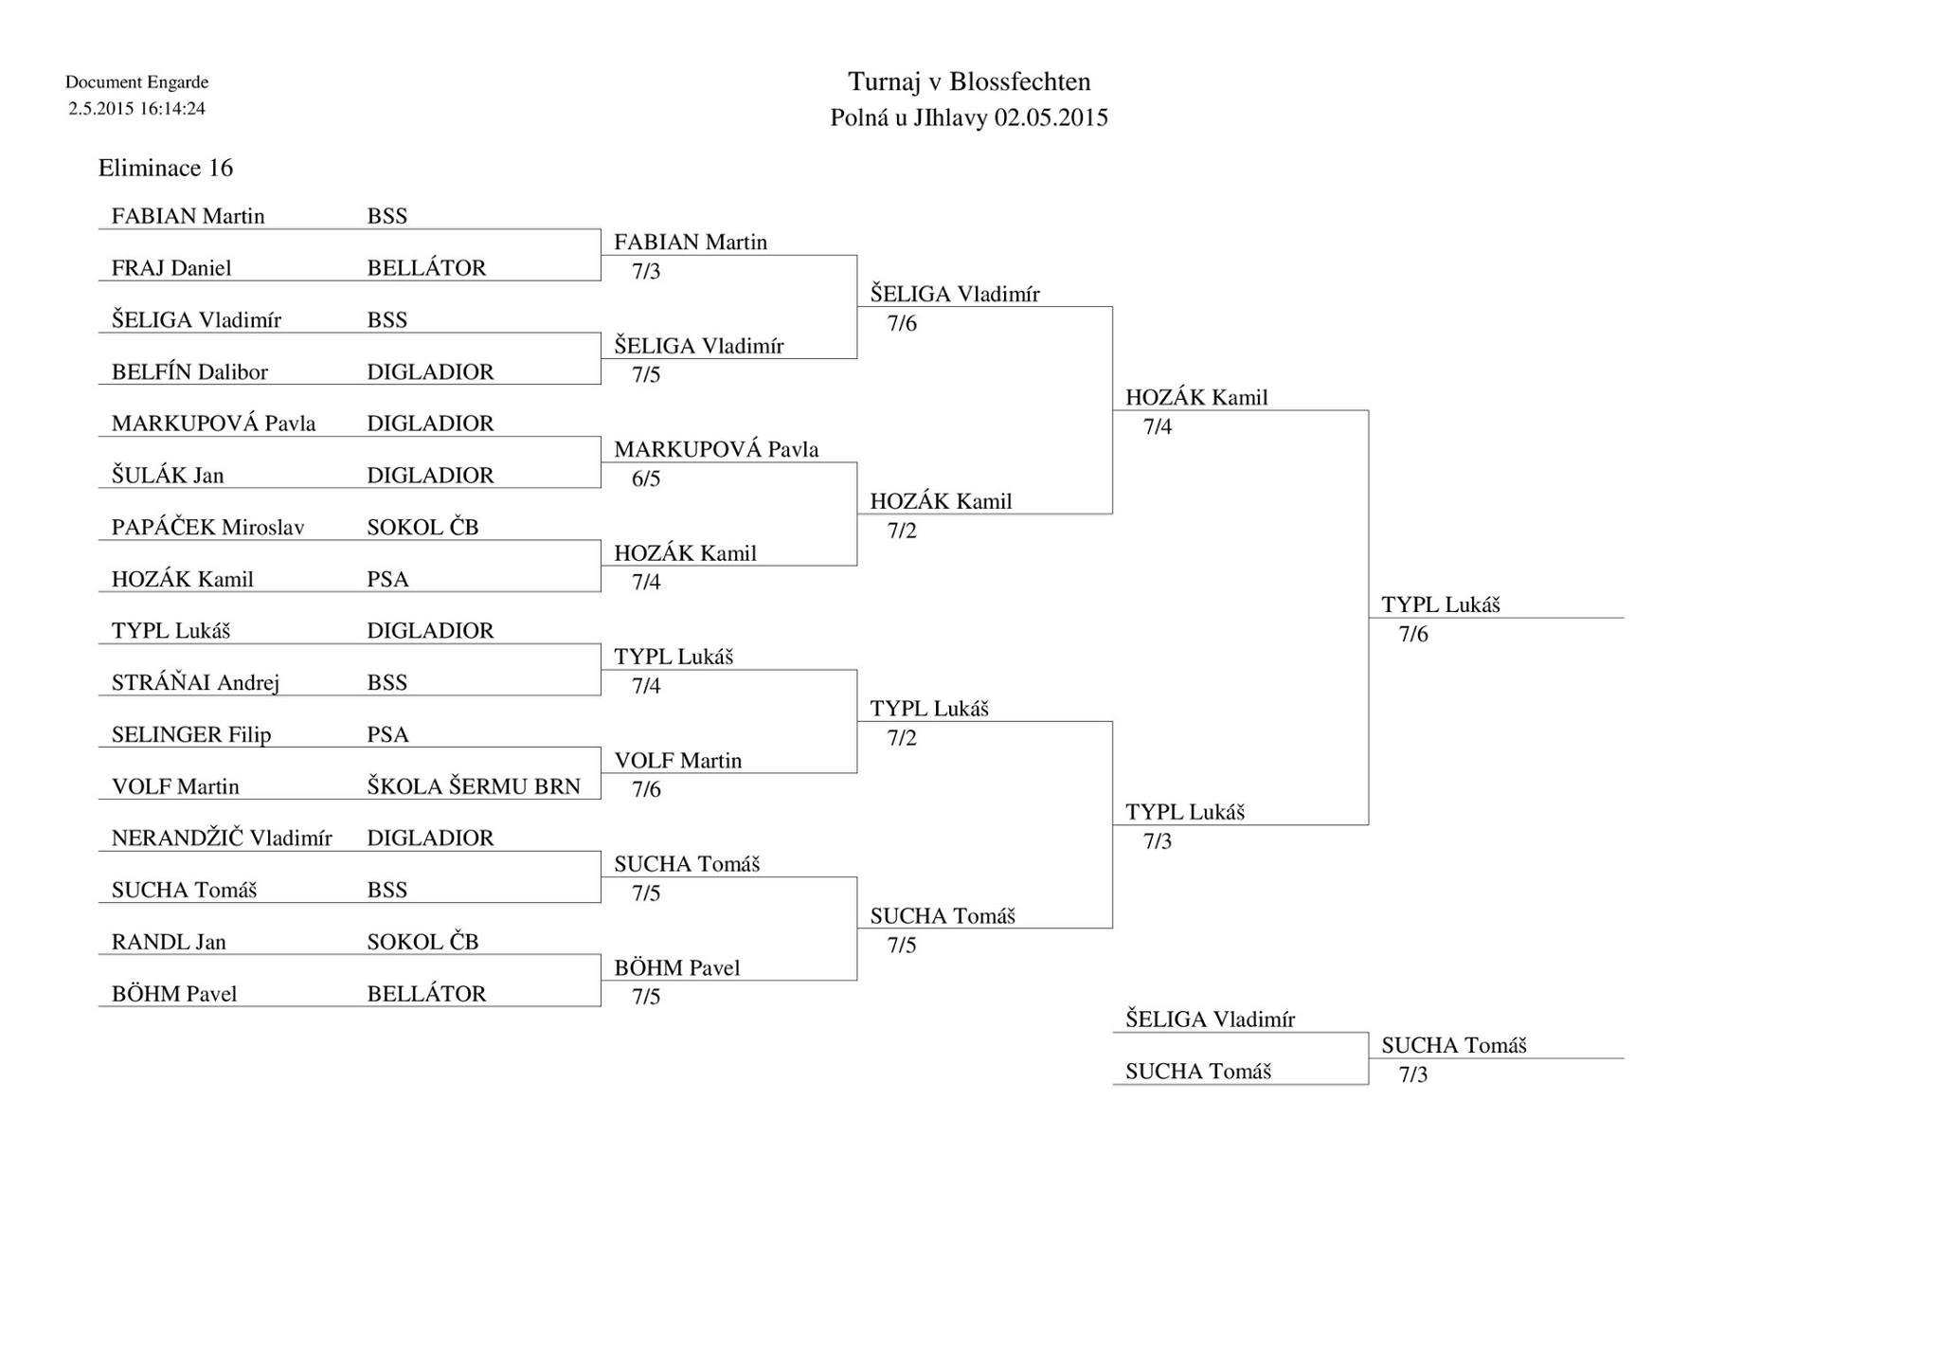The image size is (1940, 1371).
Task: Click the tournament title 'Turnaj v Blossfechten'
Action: pyautogui.click(x=969, y=81)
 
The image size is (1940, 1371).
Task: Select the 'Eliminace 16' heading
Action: pyautogui.click(x=166, y=168)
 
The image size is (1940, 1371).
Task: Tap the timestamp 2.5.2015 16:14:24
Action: pyautogui.click(x=136, y=108)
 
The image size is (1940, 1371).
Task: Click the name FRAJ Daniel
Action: pyautogui.click(x=171, y=268)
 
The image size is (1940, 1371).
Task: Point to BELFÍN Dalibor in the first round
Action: pyautogui.click(x=189, y=371)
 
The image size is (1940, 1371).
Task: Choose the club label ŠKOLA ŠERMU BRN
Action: pyautogui.click(x=474, y=786)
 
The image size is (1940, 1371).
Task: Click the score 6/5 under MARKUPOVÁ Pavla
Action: pyautogui.click(x=646, y=478)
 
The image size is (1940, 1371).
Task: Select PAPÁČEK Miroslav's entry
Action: pyautogui.click(x=208, y=527)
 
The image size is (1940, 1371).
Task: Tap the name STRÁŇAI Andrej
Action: pyautogui.click(x=195, y=682)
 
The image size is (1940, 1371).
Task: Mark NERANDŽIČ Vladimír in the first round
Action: pyautogui.click(x=222, y=838)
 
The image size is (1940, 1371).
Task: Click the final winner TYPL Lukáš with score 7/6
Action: pyautogui.click(x=1441, y=604)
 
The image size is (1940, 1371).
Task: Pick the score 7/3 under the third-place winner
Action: pyautogui.click(x=1413, y=1074)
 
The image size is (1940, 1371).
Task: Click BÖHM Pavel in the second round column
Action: pyautogui.click(x=677, y=967)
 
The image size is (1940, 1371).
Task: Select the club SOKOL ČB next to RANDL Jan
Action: pyautogui.click(x=422, y=942)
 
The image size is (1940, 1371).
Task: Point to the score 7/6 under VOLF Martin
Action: pyautogui.click(x=646, y=789)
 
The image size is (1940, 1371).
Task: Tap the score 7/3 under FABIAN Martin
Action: pyautogui.click(x=646, y=271)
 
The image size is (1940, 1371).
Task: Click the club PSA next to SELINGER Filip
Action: pyautogui.click(x=388, y=734)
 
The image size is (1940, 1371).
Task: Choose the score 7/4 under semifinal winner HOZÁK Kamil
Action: pyautogui.click(x=1158, y=426)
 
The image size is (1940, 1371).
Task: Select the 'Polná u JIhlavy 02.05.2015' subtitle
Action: pyautogui.click(x=969, y=117)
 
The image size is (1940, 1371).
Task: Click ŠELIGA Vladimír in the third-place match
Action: pyautogui.click(x=1211, y=1019)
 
